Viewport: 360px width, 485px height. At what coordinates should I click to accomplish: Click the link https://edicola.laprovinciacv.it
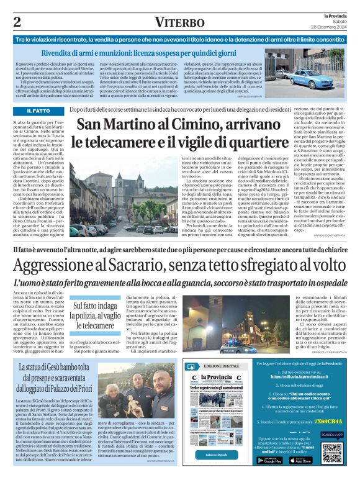coord(299,376)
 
